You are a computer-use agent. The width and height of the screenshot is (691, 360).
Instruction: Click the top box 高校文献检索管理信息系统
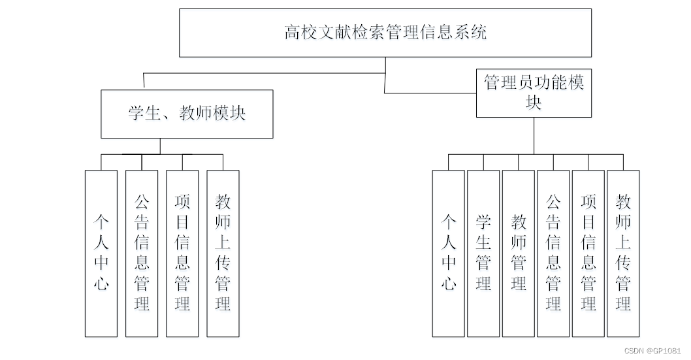[x=385, y=33]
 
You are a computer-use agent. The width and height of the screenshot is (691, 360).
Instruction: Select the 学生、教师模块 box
[x=187, y=114]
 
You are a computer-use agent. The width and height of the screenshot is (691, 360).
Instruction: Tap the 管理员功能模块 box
[x=534, y=92]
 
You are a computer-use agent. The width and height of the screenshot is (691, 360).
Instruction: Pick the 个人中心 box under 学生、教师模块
[x=101, y=254]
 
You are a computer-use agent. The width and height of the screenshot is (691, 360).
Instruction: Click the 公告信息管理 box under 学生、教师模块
[x=142, y=254]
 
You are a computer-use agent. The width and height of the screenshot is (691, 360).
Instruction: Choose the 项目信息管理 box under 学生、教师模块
[x=182, y=254]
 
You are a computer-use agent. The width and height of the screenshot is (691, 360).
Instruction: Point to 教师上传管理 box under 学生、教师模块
[x=223, y=254]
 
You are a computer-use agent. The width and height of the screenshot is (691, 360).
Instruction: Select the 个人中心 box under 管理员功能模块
[x=448, y=254]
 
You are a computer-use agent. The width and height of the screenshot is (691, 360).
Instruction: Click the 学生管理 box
[x=483, y=254]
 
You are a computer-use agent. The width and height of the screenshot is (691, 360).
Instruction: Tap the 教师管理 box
[x=519, y=254]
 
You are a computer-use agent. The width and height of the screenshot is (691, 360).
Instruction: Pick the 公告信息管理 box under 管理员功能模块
[x=553, y=254]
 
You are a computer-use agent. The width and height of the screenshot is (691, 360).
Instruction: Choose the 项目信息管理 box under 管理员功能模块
[x=588, y=254]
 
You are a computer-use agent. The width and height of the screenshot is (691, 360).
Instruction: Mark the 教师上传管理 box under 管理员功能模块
[x=623, y=254]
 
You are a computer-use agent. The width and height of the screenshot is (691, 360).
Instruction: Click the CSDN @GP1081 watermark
[x=652, y=351]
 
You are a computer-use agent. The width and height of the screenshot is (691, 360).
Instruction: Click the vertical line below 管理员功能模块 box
[x=534, y=135]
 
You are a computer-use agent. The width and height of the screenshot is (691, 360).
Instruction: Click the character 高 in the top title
[x=292, y=32]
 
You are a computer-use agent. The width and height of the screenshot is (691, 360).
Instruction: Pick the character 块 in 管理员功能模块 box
[x=534, y=103]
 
